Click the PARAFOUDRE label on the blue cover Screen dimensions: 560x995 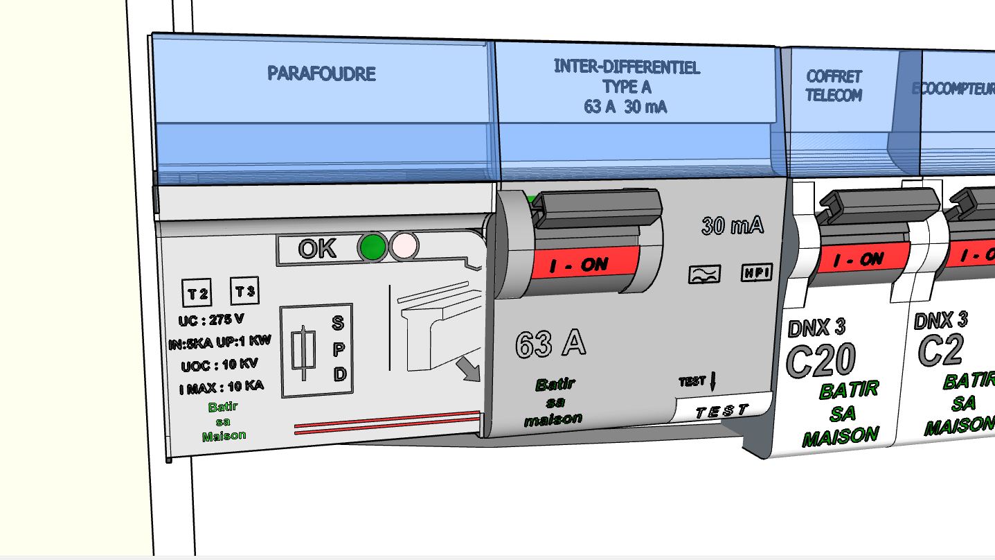(322, 73)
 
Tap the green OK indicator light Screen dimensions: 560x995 (373, 247)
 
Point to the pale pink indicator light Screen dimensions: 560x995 (404, 246)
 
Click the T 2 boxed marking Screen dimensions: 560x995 (197, 294)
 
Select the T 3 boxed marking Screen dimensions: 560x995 (244, 292)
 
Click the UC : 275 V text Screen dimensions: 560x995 (211, 320)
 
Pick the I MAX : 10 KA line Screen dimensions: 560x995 (221, 387)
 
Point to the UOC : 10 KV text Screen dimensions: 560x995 (219, 365)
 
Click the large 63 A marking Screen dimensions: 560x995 (550, 344)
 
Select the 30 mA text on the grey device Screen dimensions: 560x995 (733, 225)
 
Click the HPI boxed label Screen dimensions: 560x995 (756, 272)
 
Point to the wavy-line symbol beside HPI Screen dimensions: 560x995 (705, 274)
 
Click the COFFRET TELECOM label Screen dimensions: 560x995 (834, 86)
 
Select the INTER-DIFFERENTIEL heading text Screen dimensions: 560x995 (627, 67)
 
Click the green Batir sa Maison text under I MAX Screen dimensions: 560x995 (224, 421)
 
